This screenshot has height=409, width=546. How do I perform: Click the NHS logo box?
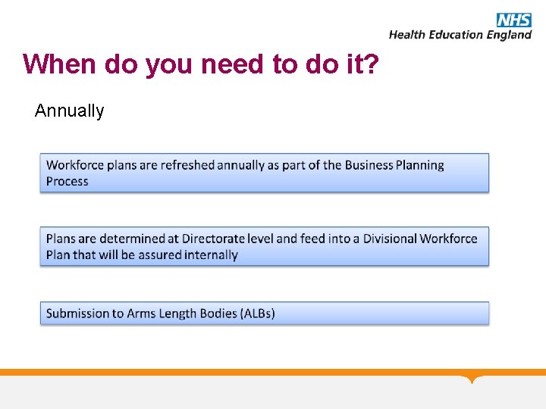point(514,20)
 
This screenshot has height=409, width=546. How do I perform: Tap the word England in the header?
point(510,35)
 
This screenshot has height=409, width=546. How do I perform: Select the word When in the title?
point(61,64)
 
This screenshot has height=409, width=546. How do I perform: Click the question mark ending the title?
point(369,64)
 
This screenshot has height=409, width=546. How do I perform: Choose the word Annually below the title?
point(69,111)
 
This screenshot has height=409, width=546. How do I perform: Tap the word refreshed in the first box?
point(188,165)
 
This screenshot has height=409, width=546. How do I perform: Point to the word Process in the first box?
point(67,181)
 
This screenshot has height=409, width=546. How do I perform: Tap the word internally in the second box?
point(211,254)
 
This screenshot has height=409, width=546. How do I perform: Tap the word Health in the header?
point(409,35)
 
